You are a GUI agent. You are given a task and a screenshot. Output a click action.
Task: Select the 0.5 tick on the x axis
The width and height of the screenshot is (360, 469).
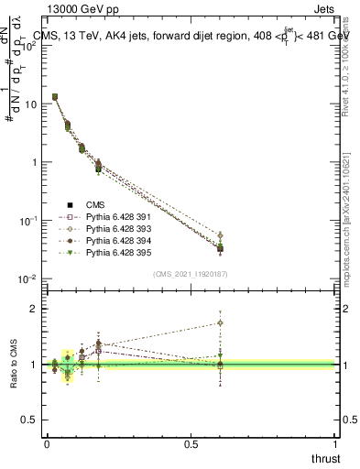click(191, 444)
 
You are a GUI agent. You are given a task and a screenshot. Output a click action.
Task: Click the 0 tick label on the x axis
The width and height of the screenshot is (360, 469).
click(47, 444)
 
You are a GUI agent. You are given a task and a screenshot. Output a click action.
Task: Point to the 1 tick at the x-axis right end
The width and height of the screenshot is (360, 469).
click(334, 444)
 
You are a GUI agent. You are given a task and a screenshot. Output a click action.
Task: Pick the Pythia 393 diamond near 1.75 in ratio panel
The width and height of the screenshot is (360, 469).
click(220, 322)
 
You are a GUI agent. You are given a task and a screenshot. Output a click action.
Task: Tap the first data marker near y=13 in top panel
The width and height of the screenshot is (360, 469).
click(55, 96)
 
